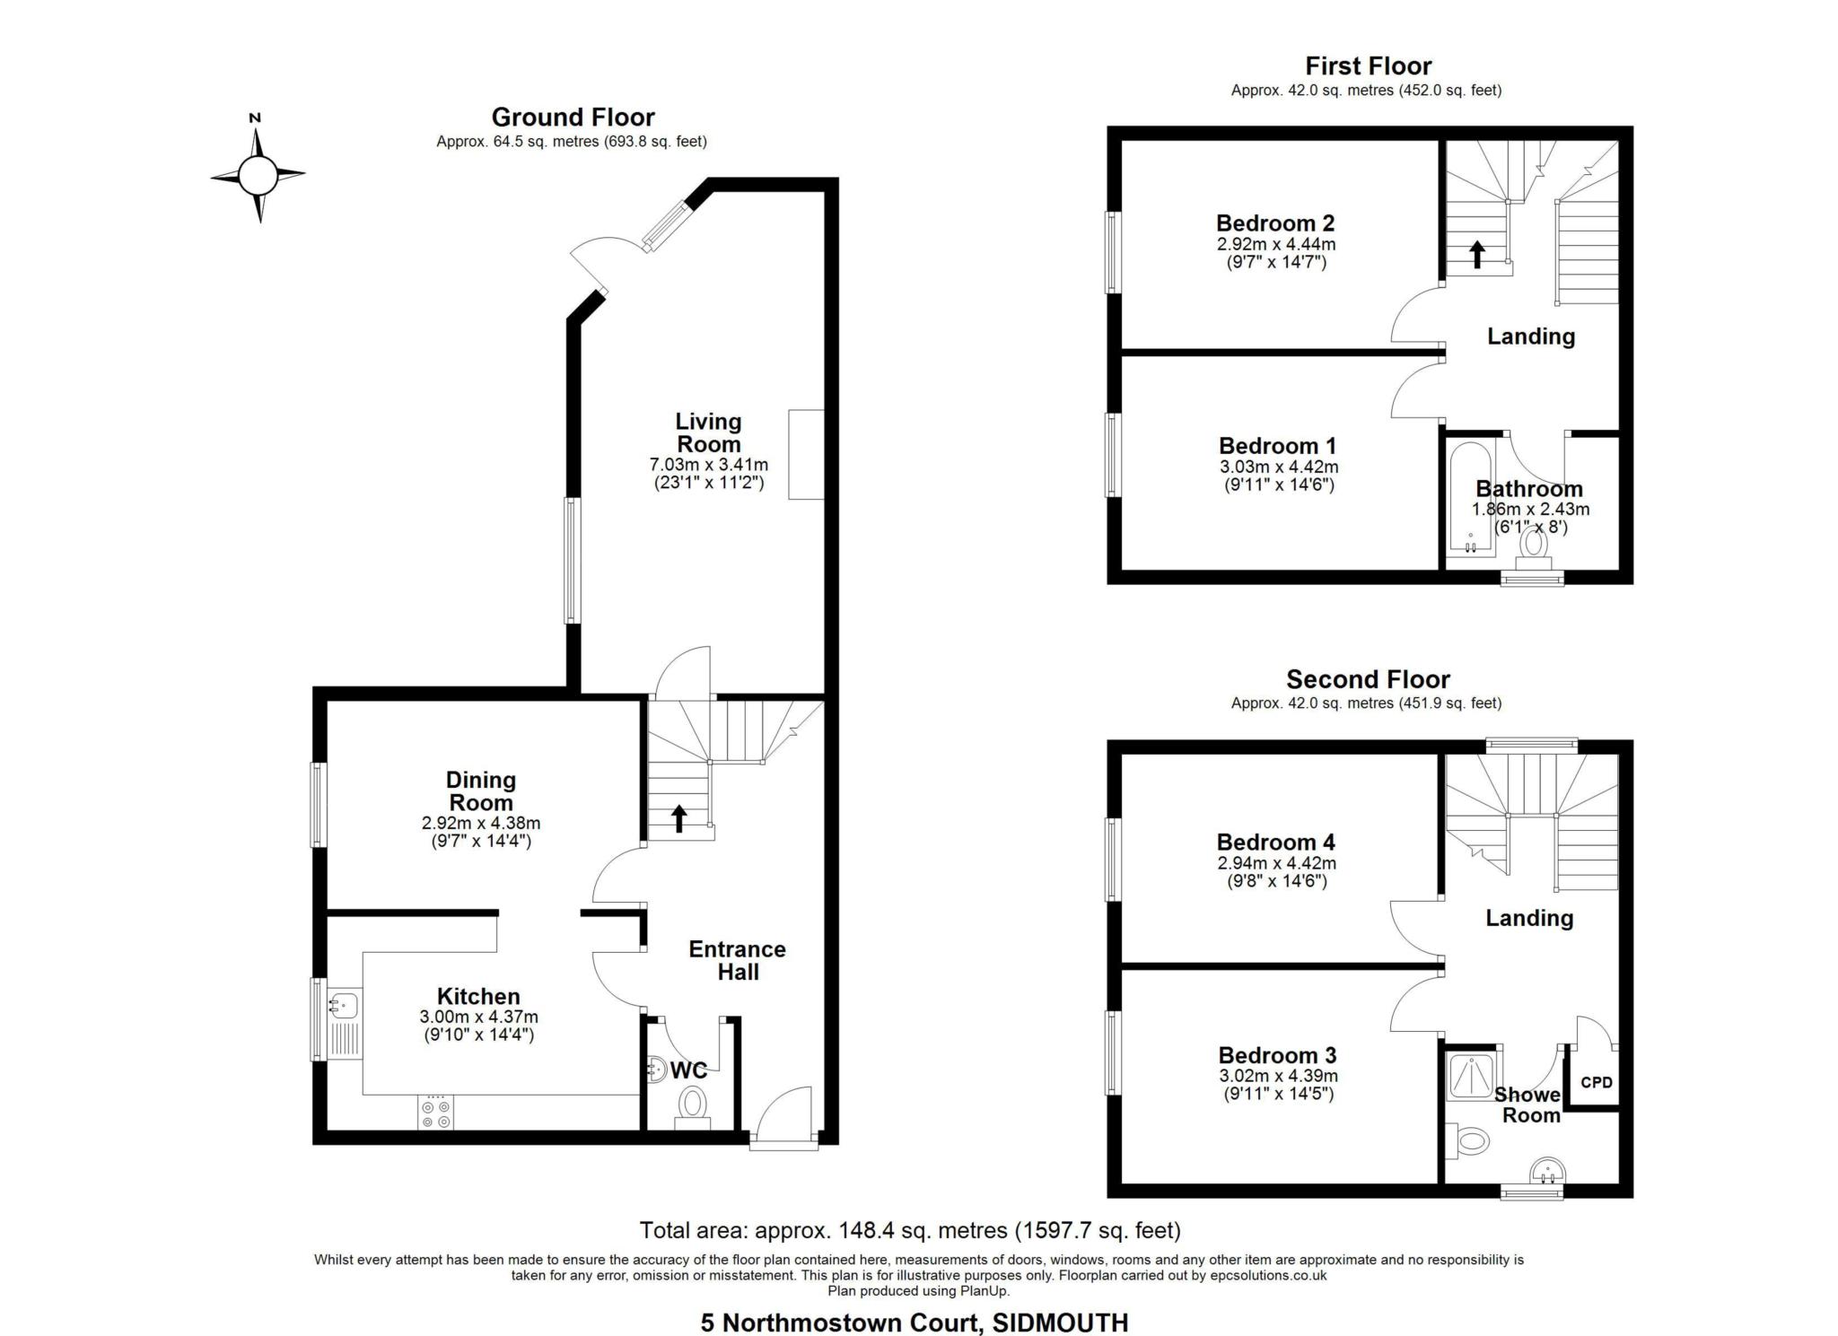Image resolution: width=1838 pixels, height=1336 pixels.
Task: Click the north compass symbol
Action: (x=258, y=174)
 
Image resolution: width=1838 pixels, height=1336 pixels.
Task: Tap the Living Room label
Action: (x=708, y=432)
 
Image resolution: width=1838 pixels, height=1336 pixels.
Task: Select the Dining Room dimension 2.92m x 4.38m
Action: (x=481, y=823)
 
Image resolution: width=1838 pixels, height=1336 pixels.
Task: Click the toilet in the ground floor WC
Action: (x=692, y=1104)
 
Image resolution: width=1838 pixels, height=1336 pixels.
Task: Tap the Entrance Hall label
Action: (x=737, y=960)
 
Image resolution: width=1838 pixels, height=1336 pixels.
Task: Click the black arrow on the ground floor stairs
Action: (x=679, y=817)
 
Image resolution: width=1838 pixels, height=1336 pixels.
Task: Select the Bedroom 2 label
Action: (x=1274, y=223)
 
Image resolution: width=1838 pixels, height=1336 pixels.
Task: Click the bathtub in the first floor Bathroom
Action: (x=1470, y=498)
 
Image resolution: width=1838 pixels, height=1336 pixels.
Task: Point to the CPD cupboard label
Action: (x=1596, y=1082)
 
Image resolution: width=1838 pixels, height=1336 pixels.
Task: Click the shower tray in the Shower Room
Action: (x=1471, y=1076)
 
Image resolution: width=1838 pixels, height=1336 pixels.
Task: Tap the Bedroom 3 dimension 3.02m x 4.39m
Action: (x=1278, y=1076)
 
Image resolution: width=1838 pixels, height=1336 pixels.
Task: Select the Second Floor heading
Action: (x=1367, y=679)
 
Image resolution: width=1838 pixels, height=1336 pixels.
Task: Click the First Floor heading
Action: (x=1368, y=66)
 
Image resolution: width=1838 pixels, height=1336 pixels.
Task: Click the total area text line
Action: (x=909, y=1229)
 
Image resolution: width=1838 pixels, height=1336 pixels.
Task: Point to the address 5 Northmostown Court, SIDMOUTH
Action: (x=914, y=1323)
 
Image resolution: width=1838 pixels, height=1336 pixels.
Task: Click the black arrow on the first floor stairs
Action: (x=1476, y=254)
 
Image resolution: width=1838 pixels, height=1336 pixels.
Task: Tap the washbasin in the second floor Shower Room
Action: (x=1545, y=1170)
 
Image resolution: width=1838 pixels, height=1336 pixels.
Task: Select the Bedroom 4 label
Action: (x=1275, y=842)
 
